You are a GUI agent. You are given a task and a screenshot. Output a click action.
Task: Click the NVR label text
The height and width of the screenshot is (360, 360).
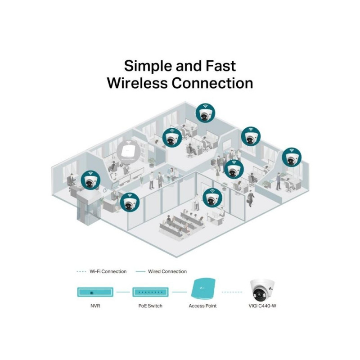[95, 306]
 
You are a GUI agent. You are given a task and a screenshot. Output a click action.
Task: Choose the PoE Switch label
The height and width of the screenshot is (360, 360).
[150, 306]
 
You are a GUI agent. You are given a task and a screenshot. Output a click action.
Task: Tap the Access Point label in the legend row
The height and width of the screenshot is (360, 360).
[202, 306]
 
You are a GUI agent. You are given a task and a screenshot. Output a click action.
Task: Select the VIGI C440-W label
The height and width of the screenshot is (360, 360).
[262, 306]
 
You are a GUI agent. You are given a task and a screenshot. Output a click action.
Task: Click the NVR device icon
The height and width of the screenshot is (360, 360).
[95, 292]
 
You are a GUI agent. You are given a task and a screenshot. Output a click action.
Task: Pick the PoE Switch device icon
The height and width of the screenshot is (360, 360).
[150, 292]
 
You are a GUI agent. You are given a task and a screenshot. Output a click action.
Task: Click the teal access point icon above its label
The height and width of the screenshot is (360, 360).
[203, 288]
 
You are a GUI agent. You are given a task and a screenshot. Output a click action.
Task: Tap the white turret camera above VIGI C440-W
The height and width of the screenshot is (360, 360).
[262, 290]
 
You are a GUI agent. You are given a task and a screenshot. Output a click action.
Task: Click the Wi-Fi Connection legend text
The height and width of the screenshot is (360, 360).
[108, 271]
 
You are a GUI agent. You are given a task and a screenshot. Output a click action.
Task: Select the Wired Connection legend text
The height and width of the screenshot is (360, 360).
[167, 271]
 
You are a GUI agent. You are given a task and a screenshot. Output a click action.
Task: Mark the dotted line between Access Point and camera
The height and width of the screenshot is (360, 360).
[232, 292]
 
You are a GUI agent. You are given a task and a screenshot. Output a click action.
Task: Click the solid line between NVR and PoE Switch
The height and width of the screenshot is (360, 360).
[123, 292]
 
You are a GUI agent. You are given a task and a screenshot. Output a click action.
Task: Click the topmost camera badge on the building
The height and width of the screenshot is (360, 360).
[205, 112]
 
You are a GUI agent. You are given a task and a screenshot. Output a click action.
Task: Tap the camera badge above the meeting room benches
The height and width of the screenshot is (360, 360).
[212, 198]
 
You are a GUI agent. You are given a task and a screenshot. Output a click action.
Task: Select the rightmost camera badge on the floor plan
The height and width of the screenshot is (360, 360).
[292, 157]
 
